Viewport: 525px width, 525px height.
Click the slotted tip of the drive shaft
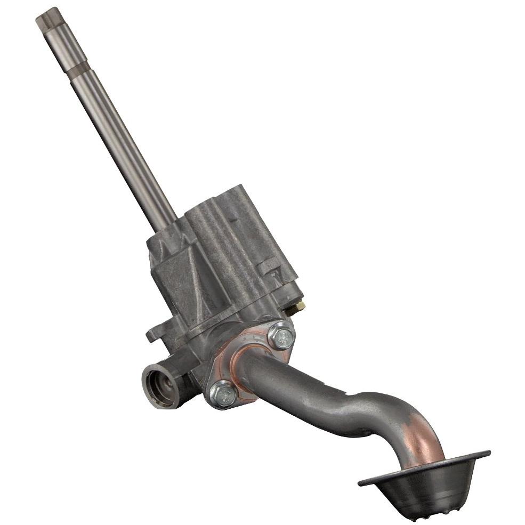coord(46,18)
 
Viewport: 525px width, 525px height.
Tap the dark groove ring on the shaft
coord(78,68)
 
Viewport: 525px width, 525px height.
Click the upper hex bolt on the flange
coord(281,336)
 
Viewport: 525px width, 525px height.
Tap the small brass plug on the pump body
coord(299,306)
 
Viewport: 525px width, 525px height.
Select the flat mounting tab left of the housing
coord(155,334)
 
